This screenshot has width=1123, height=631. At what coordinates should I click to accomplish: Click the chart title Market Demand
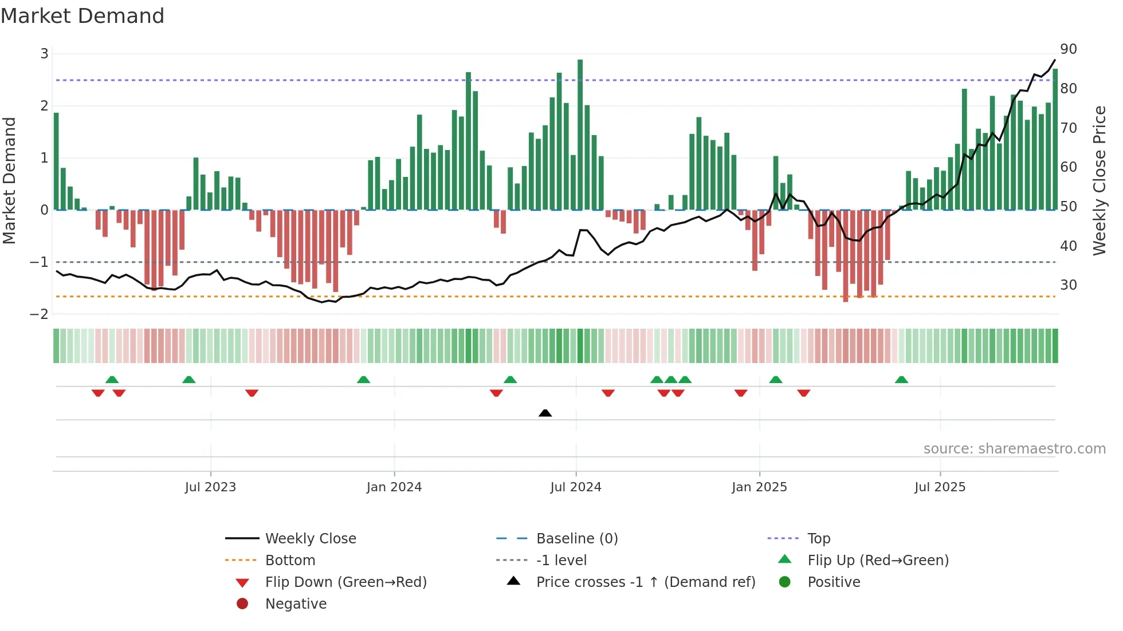pyautogui.click(x=83, y=16)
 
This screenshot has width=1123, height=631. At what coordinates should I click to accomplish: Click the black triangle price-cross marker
pyautogui.click(x=545, y=413)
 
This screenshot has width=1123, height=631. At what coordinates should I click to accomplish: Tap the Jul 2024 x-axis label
pyautogui.click(x=575, y=487)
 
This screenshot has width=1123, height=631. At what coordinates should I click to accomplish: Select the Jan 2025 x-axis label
pyautogui.click(x=759, y=487)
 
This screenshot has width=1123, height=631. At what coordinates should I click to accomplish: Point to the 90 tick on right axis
pyautogui.click(x=1068, y=49)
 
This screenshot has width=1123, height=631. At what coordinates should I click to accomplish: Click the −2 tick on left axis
pyautogui.click(x=40, y=314)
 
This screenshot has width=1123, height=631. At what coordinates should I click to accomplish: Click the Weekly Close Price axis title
pyautogui.click(x=1099, y=180)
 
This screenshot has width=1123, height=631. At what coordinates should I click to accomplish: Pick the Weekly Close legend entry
pyautogui.click(x=310, y=538)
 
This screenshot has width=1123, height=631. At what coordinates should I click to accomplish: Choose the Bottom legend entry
pyautogui.click(x=290, y=560)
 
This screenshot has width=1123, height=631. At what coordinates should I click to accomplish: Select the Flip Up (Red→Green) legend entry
pyautogui.click(x=877, y=560)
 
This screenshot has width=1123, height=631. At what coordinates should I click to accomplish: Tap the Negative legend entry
pyautogui.click(x=296, y=604)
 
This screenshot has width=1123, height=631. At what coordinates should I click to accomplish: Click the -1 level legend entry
pyautogui.click(x=561, y=560)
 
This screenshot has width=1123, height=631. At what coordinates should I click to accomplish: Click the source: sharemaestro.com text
pyautogui.click(x=1014, y=448)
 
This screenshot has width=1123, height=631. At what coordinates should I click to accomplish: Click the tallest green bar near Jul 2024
pyautogui.click(x=580, y=135)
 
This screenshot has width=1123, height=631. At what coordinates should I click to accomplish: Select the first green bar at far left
pyautogui.click(x=56, y=161)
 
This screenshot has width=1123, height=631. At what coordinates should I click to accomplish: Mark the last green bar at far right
pyautogui.click(x=1055, y=139)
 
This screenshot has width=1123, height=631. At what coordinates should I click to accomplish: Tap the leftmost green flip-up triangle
pyautogui.click(x=112, y=380)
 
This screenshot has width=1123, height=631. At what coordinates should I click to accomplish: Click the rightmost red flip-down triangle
pyautogui.click(x=803, y=393)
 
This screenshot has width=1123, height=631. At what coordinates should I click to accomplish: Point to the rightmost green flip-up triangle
pyautogui.click(x=901, y=380)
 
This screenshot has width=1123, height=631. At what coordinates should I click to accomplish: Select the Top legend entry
pyautogui.click(x=818, y=538)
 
